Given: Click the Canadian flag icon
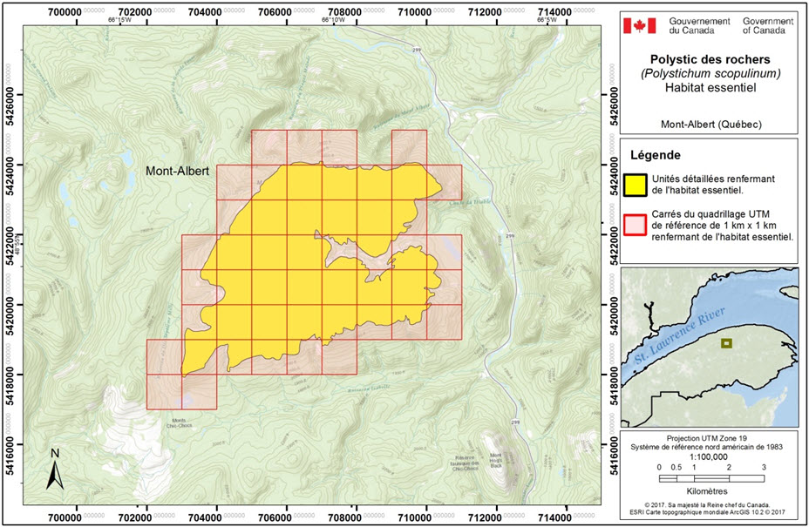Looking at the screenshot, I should tap(639, 25).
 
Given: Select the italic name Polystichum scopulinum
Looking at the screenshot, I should tap(707, 76).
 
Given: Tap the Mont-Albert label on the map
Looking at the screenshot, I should tap(177, 172).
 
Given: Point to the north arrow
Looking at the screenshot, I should tap(54, 468).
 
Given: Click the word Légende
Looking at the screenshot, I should tap(656, 155).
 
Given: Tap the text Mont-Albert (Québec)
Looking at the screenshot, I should tap(707, 125).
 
